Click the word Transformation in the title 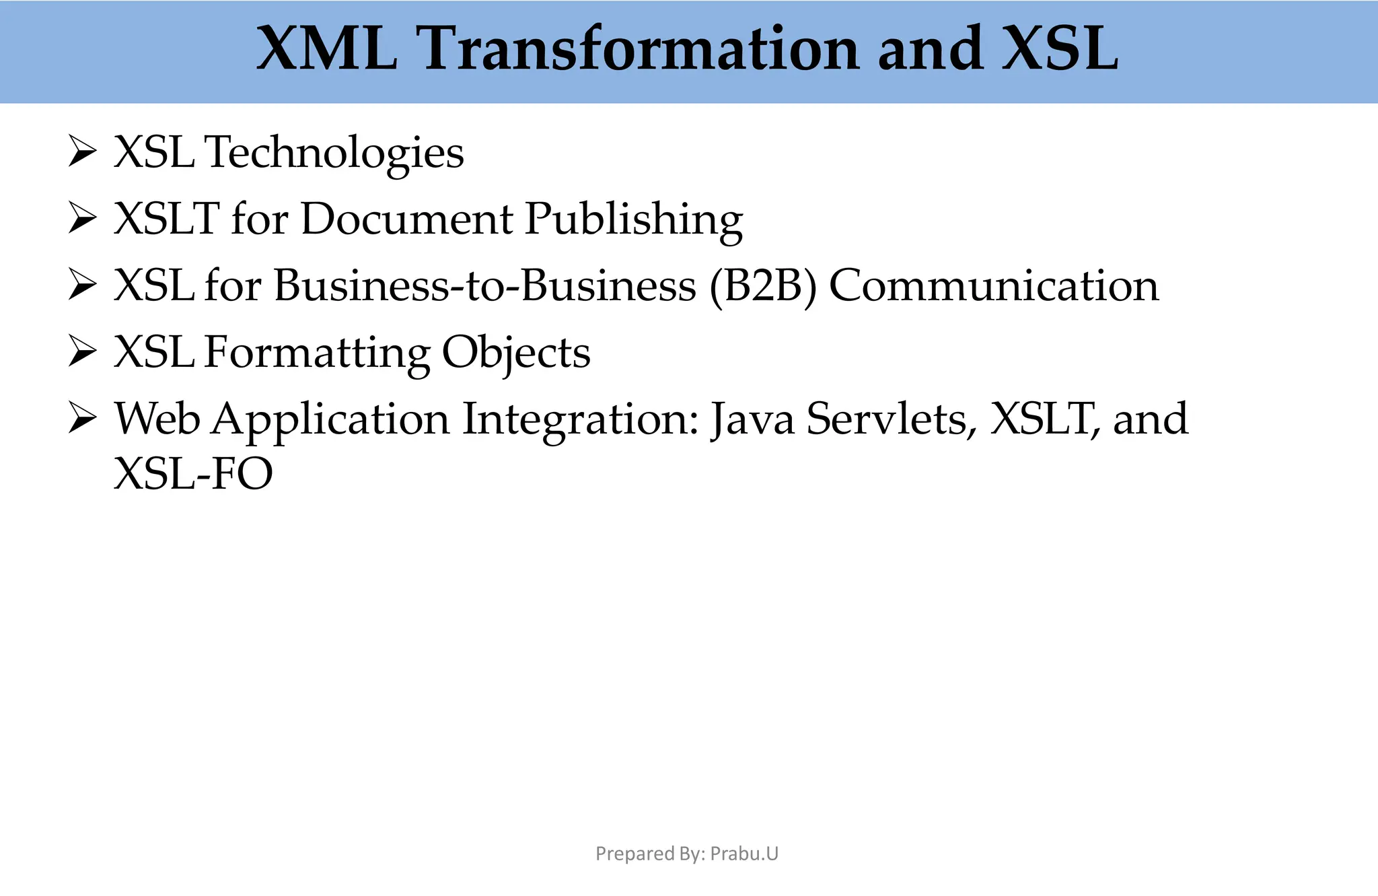pos(638,48)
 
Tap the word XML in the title pos(327,48)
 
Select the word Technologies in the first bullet pos(334,153)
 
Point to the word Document pos(406,219)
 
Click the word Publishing pos(633,219)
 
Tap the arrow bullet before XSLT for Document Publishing pos(82,219)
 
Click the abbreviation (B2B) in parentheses pos(763,285)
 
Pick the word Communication pos(994,285)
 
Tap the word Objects pos(516,353)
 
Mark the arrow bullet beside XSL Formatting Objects pos(82,352)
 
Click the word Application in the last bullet pos(330,419)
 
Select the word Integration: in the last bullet pos(581,419)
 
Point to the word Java pos(752,419)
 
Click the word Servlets pos(891,419)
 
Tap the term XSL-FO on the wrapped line pos(194,473)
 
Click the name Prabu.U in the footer pos(744,854)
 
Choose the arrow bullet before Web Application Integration pos(82,419)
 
